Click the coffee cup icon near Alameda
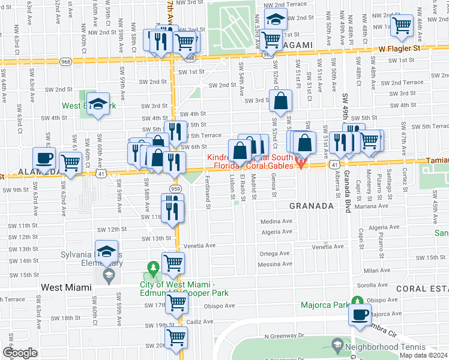[44, 158]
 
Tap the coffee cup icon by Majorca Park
[360, 314]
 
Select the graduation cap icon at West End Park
[98, 104]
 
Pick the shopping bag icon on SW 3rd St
[281, 101]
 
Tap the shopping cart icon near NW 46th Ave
[400, 25]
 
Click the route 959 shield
[176, 188]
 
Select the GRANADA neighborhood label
[311, 205]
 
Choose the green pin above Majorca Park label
[357, 301]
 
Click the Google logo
[20, 353]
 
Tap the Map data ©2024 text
[424, 355]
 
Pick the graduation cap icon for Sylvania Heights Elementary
[106, 251]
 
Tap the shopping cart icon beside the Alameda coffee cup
[71, 161]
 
